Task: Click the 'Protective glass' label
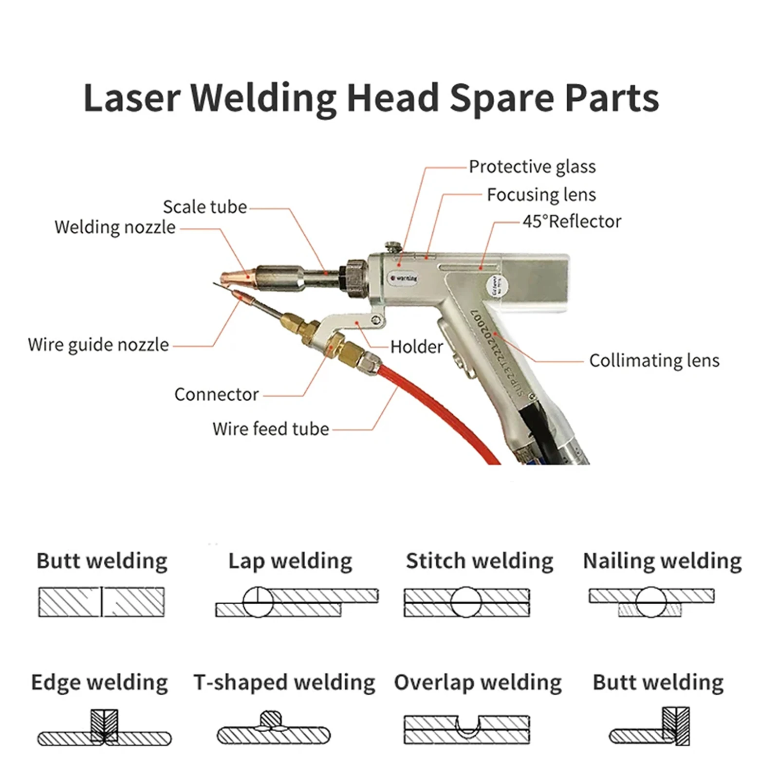(x=532, y=167)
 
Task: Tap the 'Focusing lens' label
(x=541, y=195)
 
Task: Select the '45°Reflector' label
(x=572, y=222)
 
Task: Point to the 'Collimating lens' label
(x=654, y=361)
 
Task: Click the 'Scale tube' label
(x=204, y=207)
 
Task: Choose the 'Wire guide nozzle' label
(x=98, y=345)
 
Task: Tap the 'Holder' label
(x=416, y=347)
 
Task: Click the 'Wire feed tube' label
(x=271, y=429)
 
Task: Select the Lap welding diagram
(x=297, y=602)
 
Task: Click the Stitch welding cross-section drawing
(x=466, y=602)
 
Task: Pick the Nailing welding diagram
(x=651, y=602)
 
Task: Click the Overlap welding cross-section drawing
(x=466, y=729)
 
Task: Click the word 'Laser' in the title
(x=132, y=98)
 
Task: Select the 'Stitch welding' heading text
(x=479, y=561)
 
